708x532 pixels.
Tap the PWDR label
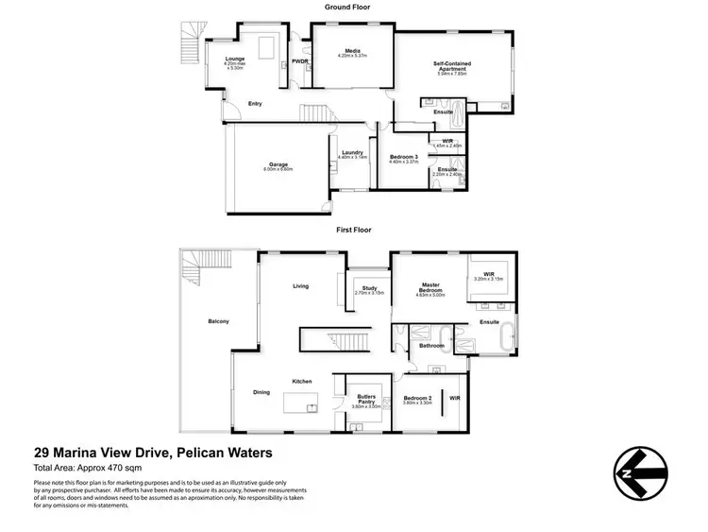(300, 61)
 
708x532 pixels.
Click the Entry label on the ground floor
(255, 103)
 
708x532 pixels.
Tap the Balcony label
(218, 321)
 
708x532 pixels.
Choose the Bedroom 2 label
(416, 400)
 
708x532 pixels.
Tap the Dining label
(261, 392)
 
